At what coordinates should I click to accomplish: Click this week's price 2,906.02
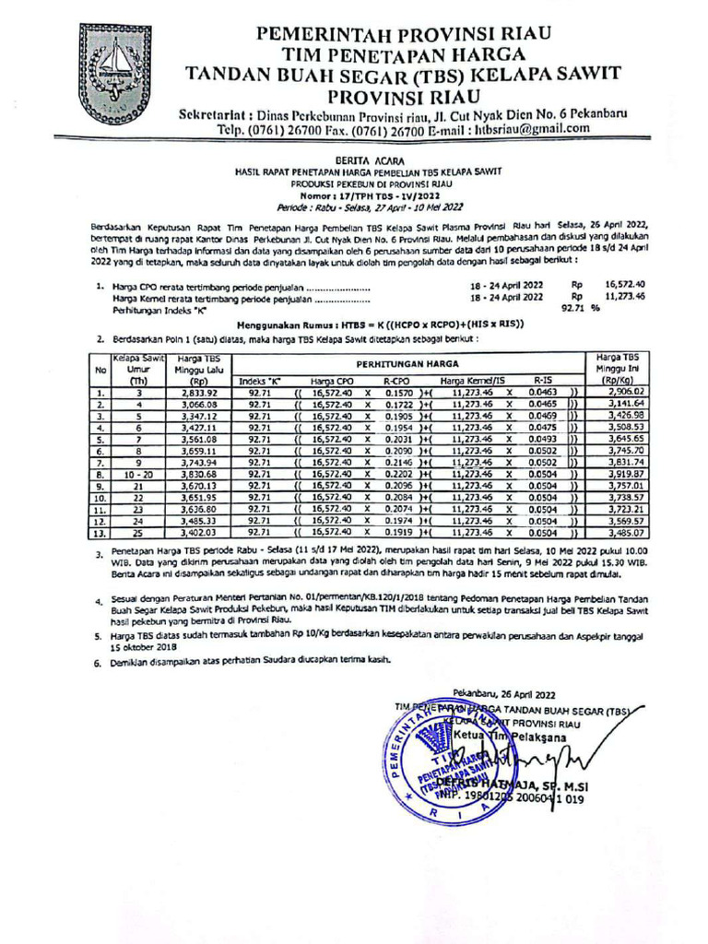click(x=617, y=392)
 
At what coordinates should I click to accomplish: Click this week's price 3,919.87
click(x=617, y=474)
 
